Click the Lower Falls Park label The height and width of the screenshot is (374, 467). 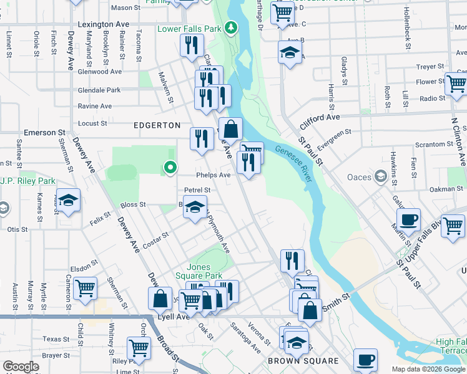[189, 29]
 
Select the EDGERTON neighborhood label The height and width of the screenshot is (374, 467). [157, 125]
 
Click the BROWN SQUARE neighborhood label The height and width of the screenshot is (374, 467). [303, 361]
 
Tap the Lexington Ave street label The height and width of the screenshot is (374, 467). [104, 24]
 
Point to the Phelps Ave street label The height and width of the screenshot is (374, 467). [214, 175]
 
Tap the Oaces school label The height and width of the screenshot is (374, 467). [360, 177]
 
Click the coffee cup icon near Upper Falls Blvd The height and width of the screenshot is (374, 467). [408, 219]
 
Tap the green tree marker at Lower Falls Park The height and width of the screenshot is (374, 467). [231, 27]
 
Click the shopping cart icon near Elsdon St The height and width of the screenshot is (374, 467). [85, 288]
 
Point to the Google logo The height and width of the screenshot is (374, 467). [21, 367]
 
